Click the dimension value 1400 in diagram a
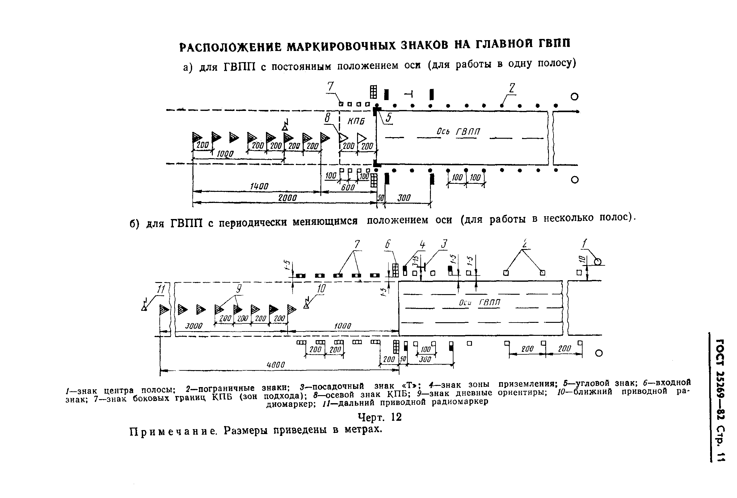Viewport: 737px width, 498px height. tap(259, 187)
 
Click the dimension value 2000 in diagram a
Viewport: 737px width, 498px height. tap(287, 198)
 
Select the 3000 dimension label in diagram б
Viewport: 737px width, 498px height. tap(193, 326)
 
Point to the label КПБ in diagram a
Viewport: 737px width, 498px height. tap(356, 121)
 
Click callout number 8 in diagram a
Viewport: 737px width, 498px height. tap(327, 118)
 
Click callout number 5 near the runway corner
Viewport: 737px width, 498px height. tap(388, 118)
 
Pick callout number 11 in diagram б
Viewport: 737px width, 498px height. tap(162, 289)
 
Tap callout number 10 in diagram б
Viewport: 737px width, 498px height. tap(321, 289)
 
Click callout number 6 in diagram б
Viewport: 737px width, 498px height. tap(388, 245)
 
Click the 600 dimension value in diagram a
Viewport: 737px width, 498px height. tap(348, 188)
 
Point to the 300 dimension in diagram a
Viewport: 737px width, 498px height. tap(404, 198)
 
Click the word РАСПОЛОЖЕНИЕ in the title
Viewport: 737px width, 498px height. tap(230, 47)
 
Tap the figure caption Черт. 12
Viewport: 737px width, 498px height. tap(380, 417)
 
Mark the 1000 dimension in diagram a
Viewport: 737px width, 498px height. tap(225, 154)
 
